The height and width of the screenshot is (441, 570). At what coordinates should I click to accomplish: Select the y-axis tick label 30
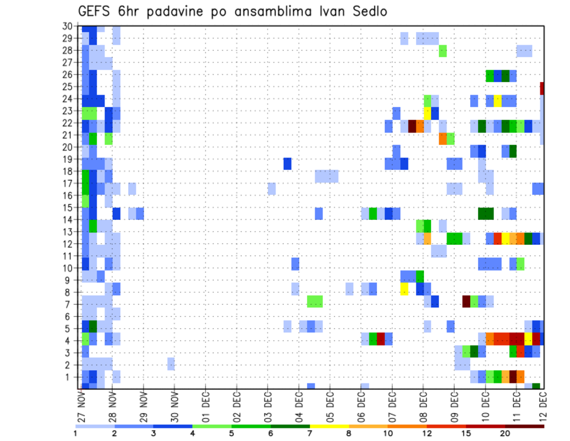[x=67, y=26]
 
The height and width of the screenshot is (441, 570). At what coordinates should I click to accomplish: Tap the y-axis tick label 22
[x=67, y=123]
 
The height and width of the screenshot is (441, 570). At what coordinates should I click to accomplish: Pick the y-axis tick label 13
[x=67, y=232]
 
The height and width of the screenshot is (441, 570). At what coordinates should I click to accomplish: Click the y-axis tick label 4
[x=69, y=341]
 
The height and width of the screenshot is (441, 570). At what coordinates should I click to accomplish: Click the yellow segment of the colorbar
[x=330, y=426]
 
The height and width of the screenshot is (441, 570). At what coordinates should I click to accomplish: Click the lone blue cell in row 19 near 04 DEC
[x=287, y=163]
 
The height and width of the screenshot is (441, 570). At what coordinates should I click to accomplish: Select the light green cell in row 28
[x=443, y=51]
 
